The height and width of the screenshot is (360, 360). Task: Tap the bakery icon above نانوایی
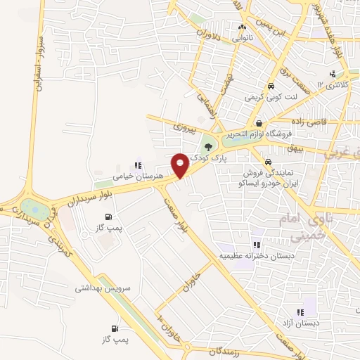242,27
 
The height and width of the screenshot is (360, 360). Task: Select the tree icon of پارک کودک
207,146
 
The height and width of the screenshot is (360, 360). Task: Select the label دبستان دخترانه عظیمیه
256,255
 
